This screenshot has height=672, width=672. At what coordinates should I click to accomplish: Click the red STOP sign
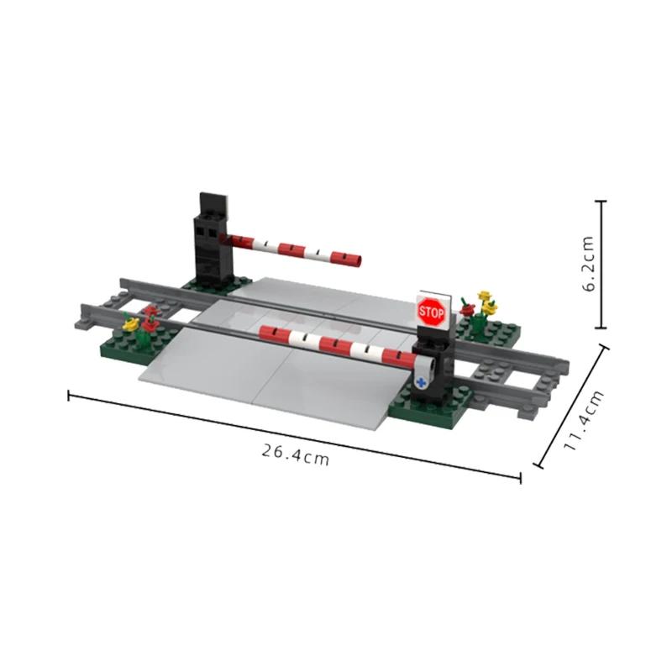point(430,312)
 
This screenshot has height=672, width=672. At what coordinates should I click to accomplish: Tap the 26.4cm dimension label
point(294,454)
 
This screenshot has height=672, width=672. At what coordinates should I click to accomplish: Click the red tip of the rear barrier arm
point(356,261)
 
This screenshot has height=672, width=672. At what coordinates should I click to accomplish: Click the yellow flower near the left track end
point(129,323)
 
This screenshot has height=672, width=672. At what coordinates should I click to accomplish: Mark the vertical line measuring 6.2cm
point(601,265)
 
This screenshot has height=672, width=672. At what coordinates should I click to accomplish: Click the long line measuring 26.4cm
point(294,435)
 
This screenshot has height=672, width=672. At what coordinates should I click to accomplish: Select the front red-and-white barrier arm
point(336,344)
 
